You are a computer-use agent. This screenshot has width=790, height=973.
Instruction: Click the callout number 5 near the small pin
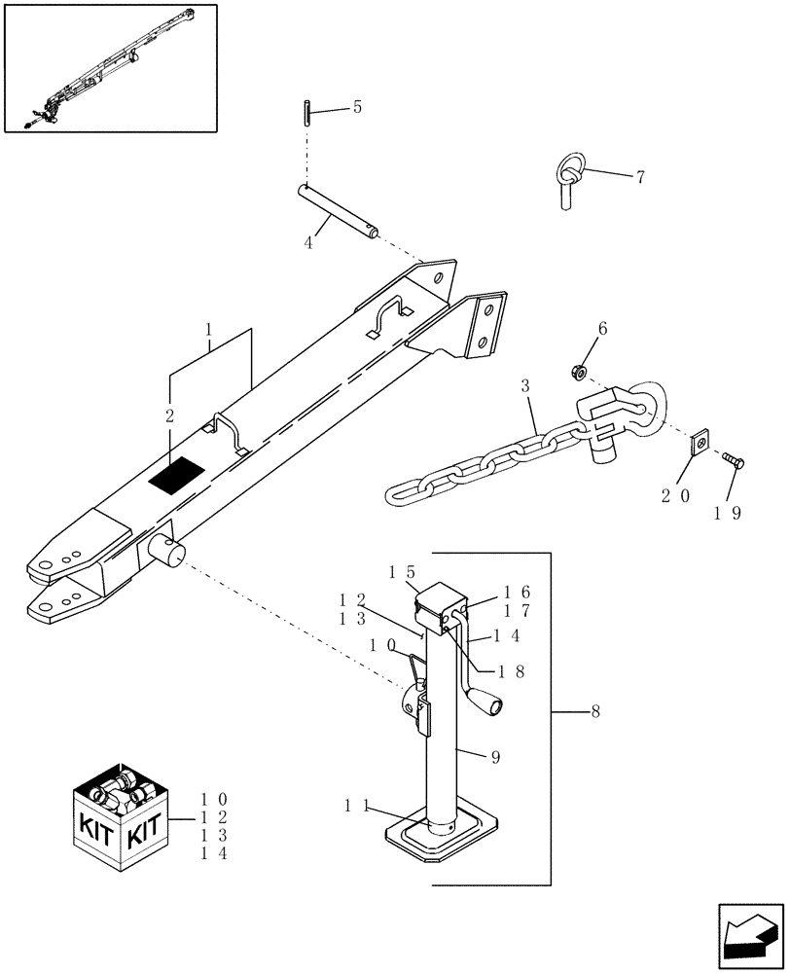point(356,107)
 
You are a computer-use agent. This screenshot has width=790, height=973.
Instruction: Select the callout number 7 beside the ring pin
point(639,177)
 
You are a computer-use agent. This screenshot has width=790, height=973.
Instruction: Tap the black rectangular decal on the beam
point(176,473)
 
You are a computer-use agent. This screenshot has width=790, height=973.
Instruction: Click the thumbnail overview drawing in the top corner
point(110,67)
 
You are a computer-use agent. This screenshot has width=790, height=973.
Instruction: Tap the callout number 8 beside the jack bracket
point(594,712)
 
